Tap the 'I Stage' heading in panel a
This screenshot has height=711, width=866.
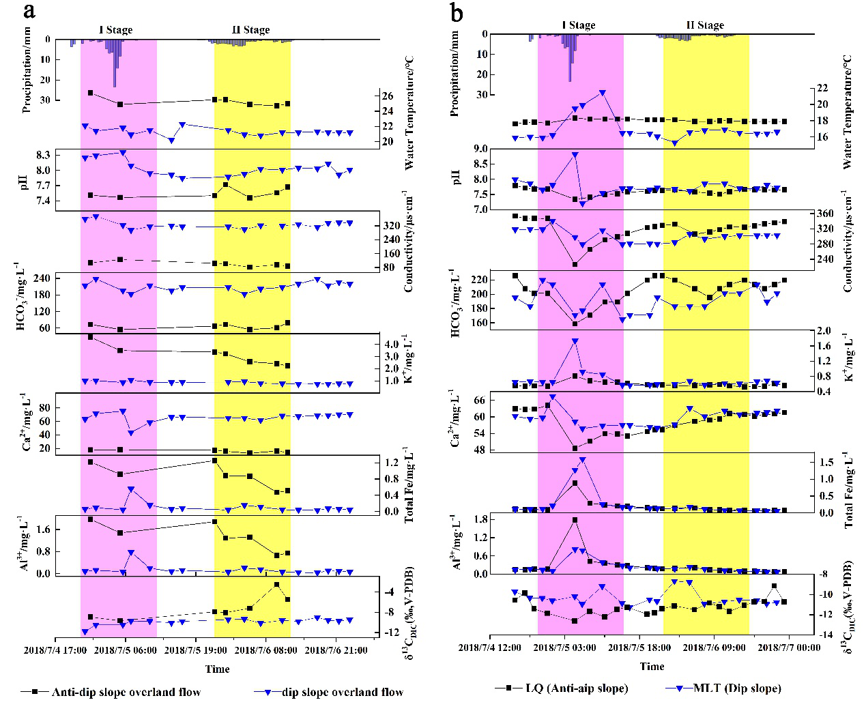click(116, 29)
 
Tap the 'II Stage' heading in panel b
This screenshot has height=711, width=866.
click(705, 25)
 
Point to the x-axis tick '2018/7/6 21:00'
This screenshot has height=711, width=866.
click(334, 650)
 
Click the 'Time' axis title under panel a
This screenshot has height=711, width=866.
click(218, 669)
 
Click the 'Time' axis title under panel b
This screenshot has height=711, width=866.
click(652, 666)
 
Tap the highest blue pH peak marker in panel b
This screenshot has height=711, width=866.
click(575, 155)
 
